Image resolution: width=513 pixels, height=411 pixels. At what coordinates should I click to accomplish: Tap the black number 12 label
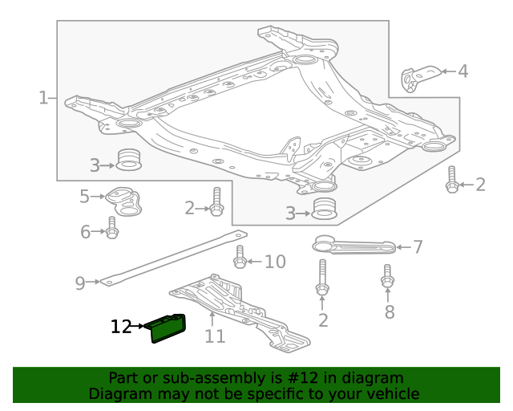click(x=121, y=327)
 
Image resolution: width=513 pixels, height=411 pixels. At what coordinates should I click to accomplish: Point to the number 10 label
click(x=275, y=262)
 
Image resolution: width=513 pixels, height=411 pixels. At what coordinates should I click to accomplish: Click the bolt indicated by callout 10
click(x=240, y=258)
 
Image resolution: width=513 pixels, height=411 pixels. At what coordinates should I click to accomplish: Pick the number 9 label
click(x=80, y=283)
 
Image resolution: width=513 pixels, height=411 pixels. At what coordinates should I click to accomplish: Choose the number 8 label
click(x=390, y=311)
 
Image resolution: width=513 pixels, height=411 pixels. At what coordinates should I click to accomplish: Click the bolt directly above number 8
click(x=387, y=276)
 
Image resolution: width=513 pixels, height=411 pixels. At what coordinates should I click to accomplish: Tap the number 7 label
click(x=418, y=246)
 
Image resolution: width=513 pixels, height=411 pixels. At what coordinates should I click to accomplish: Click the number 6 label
click(x=86, y=233)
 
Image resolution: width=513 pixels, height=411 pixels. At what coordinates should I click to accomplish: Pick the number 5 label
click(x=85, y=196)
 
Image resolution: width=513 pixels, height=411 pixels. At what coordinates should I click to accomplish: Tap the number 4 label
click(x=463, y=71)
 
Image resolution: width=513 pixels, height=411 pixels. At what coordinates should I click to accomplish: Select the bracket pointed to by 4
click(x=418, y=78)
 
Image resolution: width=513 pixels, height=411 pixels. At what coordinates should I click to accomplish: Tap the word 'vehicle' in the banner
click(x=393, y=393)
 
